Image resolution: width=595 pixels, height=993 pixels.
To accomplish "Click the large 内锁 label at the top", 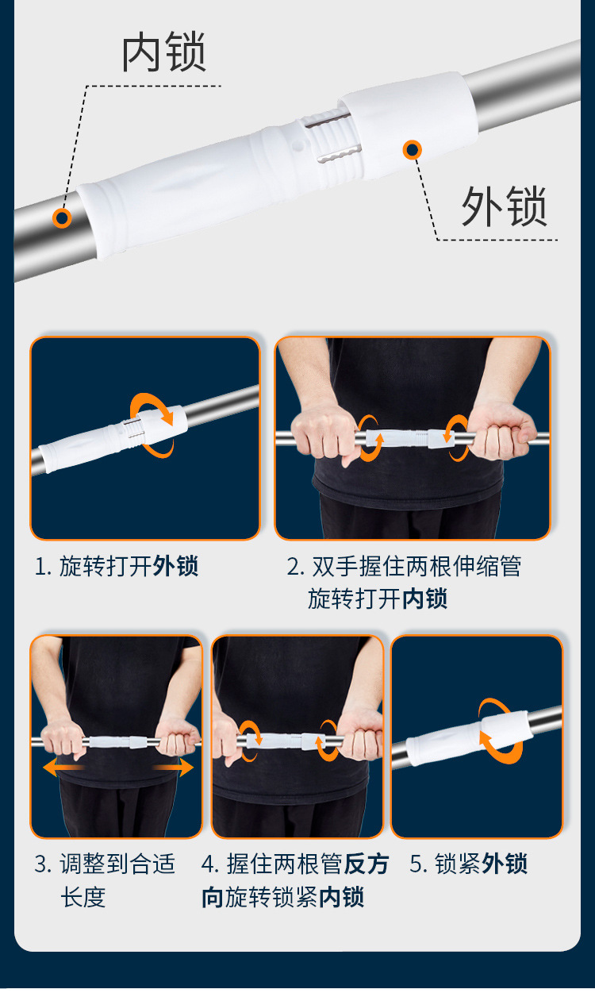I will click(x=163, y=53).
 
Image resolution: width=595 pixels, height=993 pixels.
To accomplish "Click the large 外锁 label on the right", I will click(x=505, y=207).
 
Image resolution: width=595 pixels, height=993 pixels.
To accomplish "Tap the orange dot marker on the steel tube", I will click(x=62, y=217).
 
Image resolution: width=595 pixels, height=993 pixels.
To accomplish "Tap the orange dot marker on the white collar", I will click(x=412, y=148).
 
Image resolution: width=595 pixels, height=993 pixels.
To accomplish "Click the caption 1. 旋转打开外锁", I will click(x=116, y=566).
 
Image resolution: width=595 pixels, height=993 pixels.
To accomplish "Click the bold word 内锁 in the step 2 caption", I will click(x=424, y=598).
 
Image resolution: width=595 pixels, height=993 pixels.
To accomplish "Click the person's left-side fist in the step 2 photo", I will click(x=323, y=432).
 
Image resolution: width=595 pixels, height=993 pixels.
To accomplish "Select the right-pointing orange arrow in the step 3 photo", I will click(x=172, y=767).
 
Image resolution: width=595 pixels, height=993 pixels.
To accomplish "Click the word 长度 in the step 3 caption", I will click(x=83, y=897).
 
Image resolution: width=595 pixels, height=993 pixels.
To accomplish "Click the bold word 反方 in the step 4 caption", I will click(x=367, y=864).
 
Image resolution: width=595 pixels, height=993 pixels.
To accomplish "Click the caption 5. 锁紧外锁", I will click(x=468, y=864).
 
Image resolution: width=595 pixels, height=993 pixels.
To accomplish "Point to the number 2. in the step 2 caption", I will click(x=295, y=566).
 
